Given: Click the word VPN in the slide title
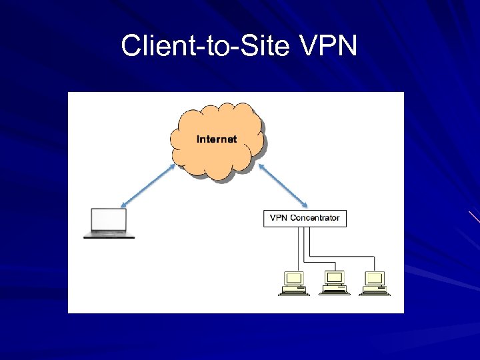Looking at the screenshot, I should [330, 46].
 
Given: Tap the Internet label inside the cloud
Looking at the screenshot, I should [216, 139].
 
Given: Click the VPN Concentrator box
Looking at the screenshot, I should [305, 218].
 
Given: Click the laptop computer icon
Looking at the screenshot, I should [109, 223].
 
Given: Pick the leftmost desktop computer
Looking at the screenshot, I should [293, 283].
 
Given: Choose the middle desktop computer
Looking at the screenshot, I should [333, 283].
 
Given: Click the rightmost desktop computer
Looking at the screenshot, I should [374, 283].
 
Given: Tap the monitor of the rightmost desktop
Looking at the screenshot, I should [375, 277].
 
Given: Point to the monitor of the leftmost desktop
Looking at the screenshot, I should [294, 277].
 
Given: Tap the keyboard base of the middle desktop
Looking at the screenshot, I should [333, 292].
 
